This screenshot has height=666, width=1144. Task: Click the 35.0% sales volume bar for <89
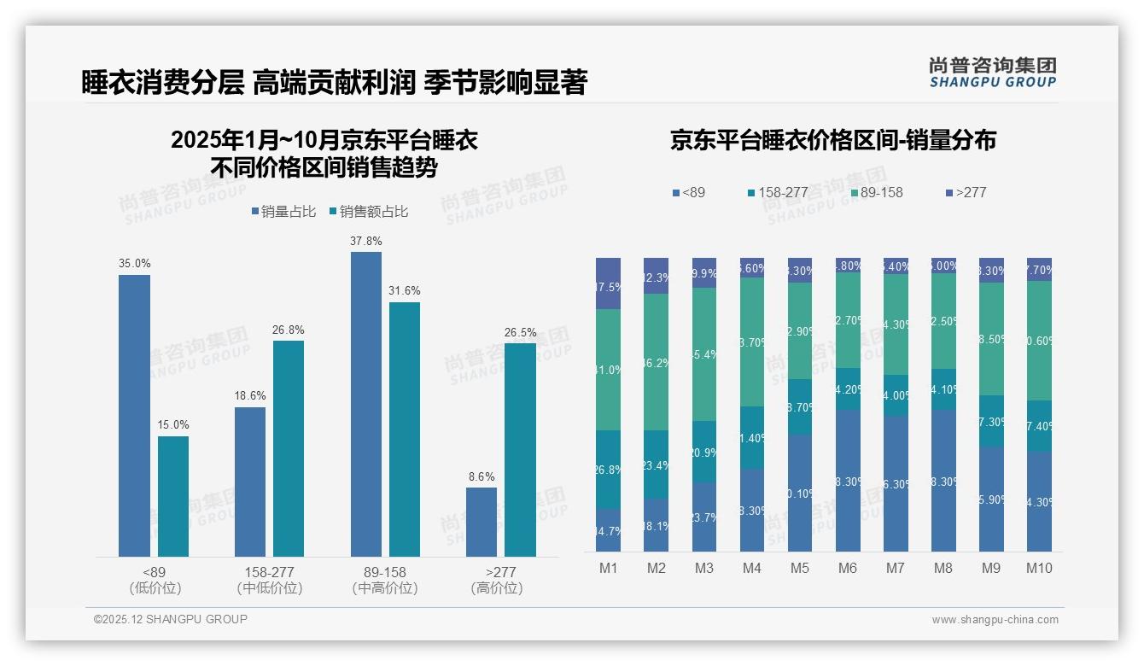[x=134, y=416]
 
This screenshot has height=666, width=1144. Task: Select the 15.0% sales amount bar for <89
[x=173, y=496]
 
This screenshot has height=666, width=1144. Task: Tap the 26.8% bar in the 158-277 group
[x=289, y=448]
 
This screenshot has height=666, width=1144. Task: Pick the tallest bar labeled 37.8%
[x=366, y=404]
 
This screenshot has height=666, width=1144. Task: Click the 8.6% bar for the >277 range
[x=482, y=522]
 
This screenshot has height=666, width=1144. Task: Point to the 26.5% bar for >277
[x=520, y=450]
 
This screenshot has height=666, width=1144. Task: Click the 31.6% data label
[x=405, y=291]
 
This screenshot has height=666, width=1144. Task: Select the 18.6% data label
[x=250, y=396]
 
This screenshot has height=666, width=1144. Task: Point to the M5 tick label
[x=800, y=568]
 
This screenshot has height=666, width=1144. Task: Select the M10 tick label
[x=1039, y=568]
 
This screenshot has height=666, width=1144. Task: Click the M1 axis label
[x=609, y=568]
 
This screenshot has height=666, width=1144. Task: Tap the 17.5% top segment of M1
[x=609, y=283]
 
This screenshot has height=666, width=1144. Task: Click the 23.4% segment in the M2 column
[x=657, y=464]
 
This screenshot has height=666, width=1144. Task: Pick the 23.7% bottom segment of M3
[x=704, y=517]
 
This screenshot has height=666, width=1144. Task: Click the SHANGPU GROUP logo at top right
[x=992, y=73]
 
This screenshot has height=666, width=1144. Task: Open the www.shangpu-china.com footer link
[x=995, y=620]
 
